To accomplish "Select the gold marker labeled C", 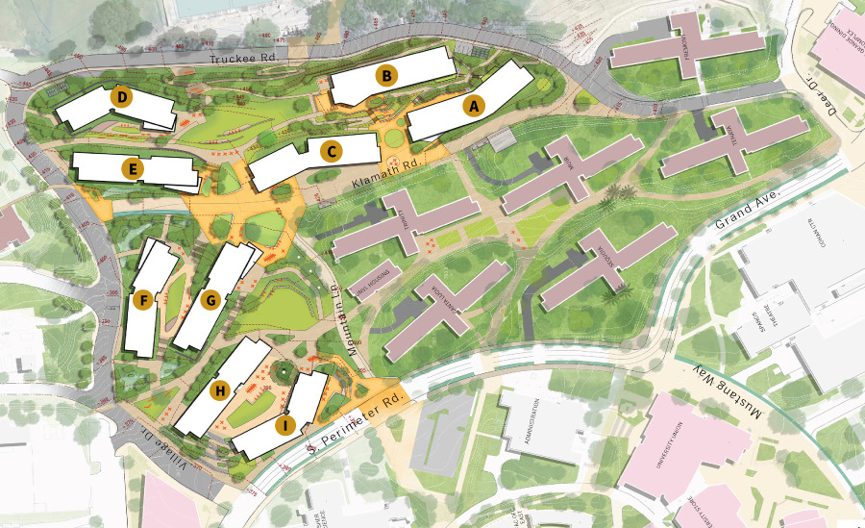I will click(331, 151).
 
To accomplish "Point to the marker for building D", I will click(121, 96).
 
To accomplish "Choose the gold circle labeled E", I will click(134, 170).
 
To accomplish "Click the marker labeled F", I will click(144, 300).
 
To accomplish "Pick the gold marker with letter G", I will click(211, 300).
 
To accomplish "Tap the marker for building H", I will click(220, 390).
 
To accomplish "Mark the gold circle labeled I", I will click(284, 424).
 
